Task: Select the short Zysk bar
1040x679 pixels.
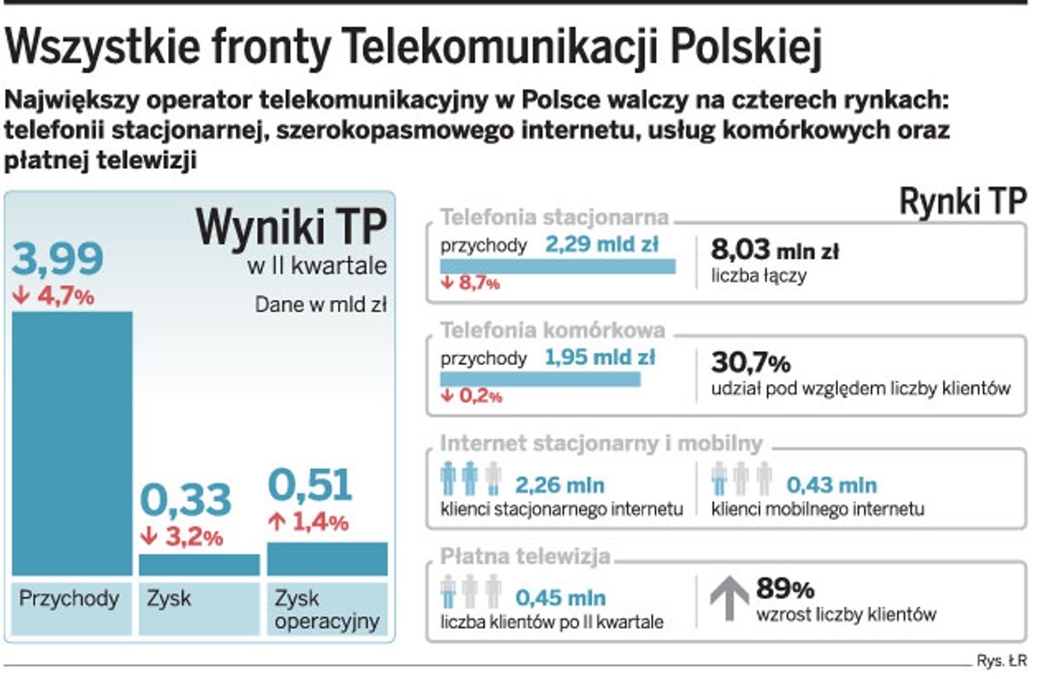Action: coord(199,565)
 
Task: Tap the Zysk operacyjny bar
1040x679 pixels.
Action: coord(327,558)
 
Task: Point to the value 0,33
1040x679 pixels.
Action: coord(185,499)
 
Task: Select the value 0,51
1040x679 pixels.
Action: coord(309,486)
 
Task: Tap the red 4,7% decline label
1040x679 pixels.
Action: coord(53,296)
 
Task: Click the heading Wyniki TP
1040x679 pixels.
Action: coord(290,229)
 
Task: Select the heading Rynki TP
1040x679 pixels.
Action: coord(962,202)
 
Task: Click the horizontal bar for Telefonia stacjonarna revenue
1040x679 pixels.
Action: coord(557,266)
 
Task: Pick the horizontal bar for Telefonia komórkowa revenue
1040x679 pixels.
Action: coord(539,379)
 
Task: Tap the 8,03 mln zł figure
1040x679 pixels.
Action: coord(774,251)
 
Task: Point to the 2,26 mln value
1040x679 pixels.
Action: coord(560,485)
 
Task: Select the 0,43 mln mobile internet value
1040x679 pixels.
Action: coord(831,485)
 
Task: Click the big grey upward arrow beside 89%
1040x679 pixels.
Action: coord(729,596)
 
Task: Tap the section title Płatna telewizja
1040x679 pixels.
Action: coord(525,556)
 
